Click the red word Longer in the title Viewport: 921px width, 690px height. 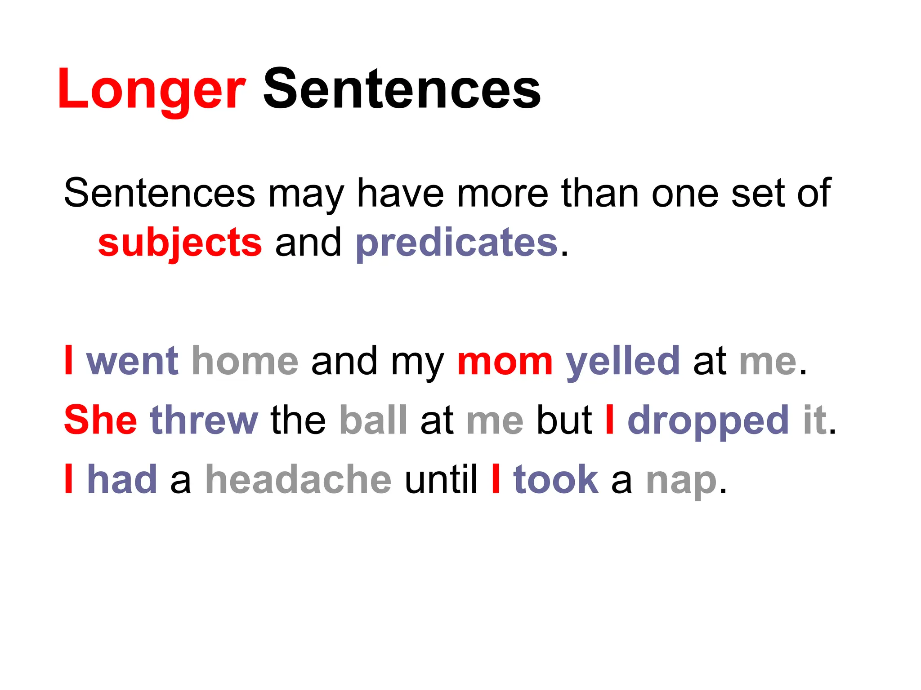point(152,89)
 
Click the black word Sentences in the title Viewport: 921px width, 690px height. point(402,89)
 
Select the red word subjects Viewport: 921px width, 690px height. point(180,243)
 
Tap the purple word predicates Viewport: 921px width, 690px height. point(456,243)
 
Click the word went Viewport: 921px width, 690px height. point(133,361)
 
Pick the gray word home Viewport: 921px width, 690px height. point(245,361)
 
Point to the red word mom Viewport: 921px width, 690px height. point(505,361)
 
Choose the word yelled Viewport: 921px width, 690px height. point(623,361)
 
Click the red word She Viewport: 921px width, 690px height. point(100,420)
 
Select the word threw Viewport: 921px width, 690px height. point(204,420)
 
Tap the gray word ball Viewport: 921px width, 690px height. point(373,420)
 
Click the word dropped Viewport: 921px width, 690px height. point(708,420)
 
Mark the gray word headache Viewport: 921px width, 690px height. point(298,480)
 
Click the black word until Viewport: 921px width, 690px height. point(441,480)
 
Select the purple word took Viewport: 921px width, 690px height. point(556,480)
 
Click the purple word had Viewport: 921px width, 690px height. point(122,480)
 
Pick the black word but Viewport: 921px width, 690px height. point(564,420)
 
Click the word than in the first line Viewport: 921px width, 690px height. point(600,193)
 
